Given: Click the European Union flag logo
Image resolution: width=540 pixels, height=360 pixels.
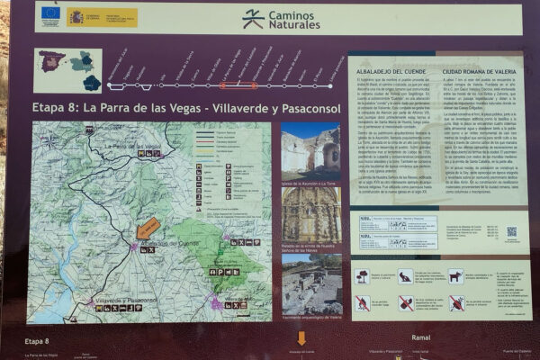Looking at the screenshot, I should pos(50,14).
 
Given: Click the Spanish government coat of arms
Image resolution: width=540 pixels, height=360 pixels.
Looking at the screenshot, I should pos(76,15).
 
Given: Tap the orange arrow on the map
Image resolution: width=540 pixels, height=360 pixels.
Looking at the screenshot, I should pos(148,228).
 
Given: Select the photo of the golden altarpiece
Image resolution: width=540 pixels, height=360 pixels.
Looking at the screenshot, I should pos(310,213).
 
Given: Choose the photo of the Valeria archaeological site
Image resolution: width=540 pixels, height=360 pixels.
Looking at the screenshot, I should pos(310,285).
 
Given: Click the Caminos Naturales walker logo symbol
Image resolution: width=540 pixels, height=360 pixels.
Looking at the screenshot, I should pos(253,18).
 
